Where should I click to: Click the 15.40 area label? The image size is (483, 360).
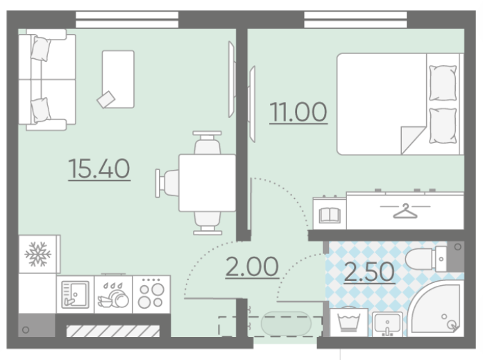(x=99, y=169)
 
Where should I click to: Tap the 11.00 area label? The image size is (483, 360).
(x=298, y=112)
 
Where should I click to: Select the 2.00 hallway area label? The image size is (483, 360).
(x=252, y=267)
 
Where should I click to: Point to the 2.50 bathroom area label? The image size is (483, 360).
(x=369, y=272)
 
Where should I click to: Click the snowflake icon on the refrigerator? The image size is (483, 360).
(x=38, y=254)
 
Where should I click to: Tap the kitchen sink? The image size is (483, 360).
(x=75, y=294)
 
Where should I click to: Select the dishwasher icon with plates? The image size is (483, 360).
(x=113, y=295)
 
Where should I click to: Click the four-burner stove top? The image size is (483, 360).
(x=151, y=294)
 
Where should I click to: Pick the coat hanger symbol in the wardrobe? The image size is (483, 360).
(x=405, y=211)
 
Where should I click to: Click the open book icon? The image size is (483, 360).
(x=330, y=215)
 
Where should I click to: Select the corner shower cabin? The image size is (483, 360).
(x=436, y=309)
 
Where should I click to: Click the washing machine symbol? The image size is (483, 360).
(x=349, y=323)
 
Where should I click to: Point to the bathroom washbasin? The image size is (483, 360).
(x=387, y=324)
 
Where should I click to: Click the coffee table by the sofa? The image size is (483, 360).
(x=118, y=79)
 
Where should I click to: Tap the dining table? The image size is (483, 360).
(x=207, y=183)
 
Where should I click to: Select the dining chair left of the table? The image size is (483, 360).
(x=167, y=183)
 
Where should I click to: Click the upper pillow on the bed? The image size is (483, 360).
(x=443, y=83)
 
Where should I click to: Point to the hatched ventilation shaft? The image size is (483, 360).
(x=113, y=331)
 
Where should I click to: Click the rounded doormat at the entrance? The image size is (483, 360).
(x=286, y=323)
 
